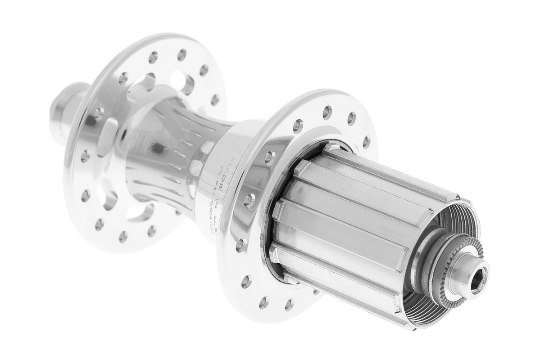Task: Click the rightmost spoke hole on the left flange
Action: [215, 100]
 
